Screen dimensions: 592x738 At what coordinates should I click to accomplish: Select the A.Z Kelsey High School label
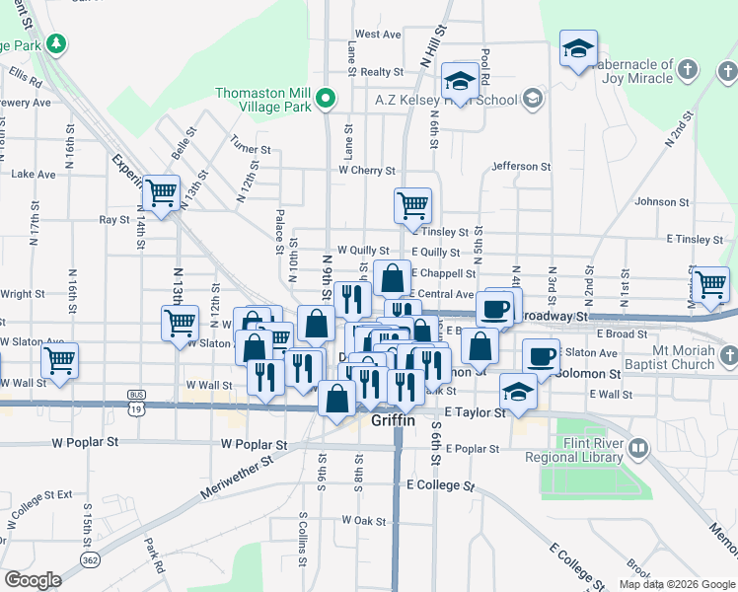pyautogui.click(x=460, y=100)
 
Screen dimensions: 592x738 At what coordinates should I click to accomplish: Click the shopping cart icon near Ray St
pyautogui.click(x=160, y=192)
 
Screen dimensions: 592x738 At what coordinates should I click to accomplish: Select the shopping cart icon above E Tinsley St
pyautogui.click(x=412, y=205)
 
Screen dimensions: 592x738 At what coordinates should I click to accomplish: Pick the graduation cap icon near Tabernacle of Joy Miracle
pyautogui.click(x=578, y=48)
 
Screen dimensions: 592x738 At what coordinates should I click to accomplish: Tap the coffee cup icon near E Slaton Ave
pyautogui.click(x=540, y=356)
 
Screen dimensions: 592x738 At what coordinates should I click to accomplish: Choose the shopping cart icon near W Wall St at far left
pyautogui.click(x=60, y=361)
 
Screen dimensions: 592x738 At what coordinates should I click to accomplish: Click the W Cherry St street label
pyautogui.click(x=366, y=171)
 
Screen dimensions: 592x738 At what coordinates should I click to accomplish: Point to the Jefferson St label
pyautogui.click(x=517, y=166)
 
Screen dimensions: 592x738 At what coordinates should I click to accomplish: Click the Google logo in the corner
pyautogui.click(x=33, y=580)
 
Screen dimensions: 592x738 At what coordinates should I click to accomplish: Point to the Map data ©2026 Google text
pyautogui.click(x=677, y=584)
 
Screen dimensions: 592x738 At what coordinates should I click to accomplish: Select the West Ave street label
pyautogui.click(x=378, y=34)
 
